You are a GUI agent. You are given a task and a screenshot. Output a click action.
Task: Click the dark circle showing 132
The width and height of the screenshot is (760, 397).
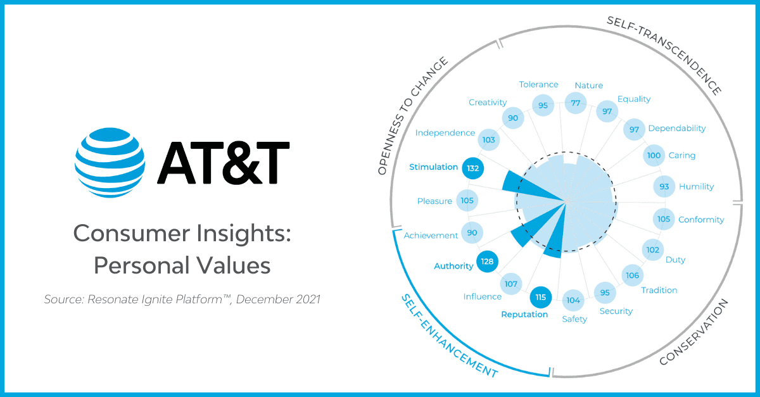[x=472, y=168]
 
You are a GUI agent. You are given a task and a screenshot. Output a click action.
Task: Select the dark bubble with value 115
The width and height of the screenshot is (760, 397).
[x=540, y=298]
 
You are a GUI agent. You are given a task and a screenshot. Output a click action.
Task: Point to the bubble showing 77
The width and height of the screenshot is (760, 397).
[x=576, y=103]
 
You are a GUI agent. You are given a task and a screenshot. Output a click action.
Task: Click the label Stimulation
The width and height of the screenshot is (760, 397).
[x=433, y=167]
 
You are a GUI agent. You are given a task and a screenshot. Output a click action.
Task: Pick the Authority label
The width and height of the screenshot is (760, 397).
[x=453, y=266]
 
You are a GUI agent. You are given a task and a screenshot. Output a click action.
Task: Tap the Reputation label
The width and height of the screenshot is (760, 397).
[x=524, y=315]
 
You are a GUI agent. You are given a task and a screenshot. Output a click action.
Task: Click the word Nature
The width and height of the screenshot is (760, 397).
[x=588, y=85]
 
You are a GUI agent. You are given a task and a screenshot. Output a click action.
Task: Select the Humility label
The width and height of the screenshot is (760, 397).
[x=696, y=187]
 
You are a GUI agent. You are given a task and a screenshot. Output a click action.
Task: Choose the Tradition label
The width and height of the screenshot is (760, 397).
[x=659, y=290]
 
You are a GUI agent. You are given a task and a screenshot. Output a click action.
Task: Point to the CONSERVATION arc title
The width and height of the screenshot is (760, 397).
[x=694, y=332]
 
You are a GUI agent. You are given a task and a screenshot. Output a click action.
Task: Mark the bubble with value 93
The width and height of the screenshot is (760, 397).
[x=664, y=187]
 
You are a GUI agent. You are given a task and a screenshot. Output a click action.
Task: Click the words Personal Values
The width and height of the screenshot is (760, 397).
[x=182, y=265]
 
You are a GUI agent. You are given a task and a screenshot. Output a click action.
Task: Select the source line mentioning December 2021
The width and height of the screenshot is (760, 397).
[x=182, y=299]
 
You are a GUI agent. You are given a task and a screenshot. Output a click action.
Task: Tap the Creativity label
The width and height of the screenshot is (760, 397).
[x=488, y=103]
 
